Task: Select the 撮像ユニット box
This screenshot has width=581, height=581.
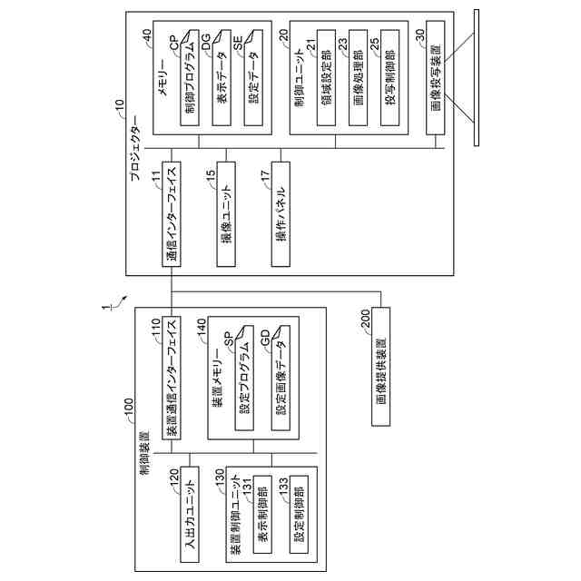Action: click(x=227, y=218)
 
